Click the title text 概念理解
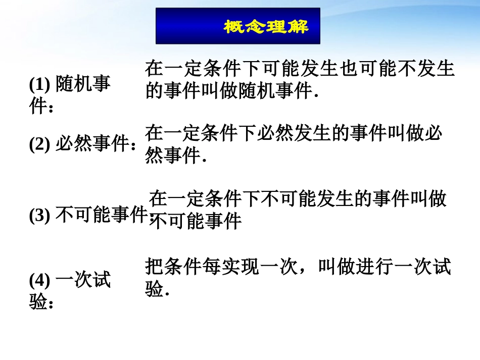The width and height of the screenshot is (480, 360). pyautogui.click(x=266, y=26)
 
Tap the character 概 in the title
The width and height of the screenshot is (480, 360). pyautogui.click(x=234, y=26)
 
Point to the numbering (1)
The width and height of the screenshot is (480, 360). pyautogui.click(x=39, y=84)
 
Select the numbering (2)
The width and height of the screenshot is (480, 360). pyautogui.click(x=39, y=145)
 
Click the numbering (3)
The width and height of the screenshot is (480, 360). pyautogui.click(x=39, y=216)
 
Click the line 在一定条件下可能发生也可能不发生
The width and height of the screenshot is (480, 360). pyautogui.click(x=300, y=68)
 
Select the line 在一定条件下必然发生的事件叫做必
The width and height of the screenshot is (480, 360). pyautogui.click(x=294, y=133)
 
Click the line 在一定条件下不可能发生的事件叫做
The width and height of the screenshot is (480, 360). pyautogui.click(x=298, y=199)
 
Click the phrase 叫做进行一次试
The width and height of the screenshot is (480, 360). pyautogui.click(x=385, y=267)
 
